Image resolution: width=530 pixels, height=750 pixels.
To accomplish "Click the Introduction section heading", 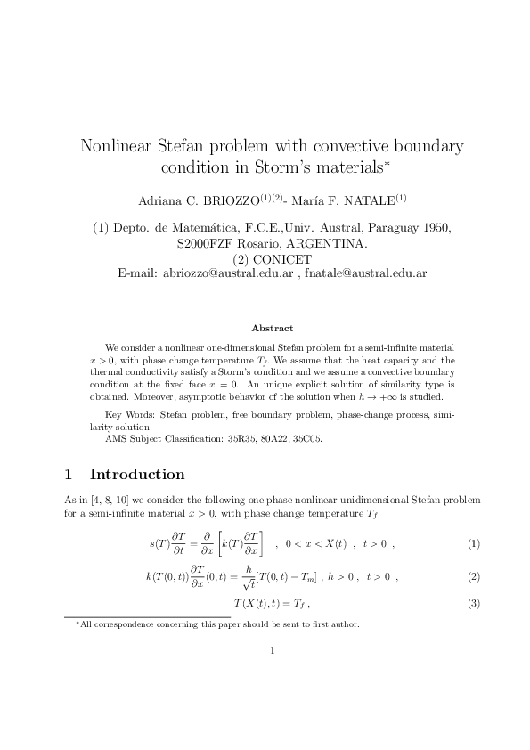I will click(137, 474).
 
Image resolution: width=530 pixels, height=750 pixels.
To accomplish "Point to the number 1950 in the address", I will click(436, 228).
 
